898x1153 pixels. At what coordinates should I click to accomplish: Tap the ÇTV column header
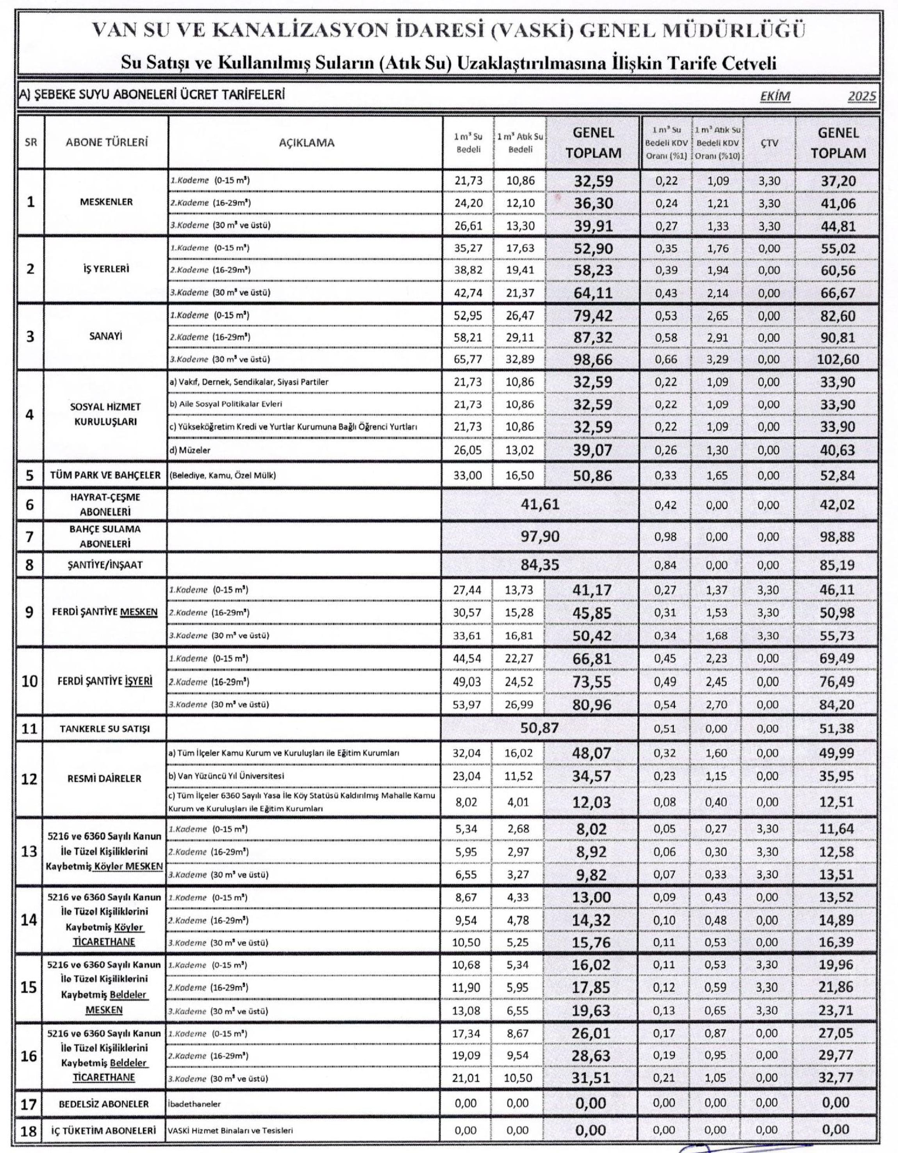[769, 143]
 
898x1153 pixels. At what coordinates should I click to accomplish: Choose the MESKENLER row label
[106, 202]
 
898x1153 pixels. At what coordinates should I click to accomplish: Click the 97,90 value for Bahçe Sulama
[540, 537]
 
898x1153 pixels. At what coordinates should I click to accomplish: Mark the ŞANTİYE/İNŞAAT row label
[106, 565]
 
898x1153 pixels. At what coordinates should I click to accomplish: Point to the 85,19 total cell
[838, 565]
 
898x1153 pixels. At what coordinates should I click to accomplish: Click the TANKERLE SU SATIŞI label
[105, 729]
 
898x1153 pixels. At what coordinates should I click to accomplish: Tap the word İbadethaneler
[195, 1104]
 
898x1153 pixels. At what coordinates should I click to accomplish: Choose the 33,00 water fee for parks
[468, 476]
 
